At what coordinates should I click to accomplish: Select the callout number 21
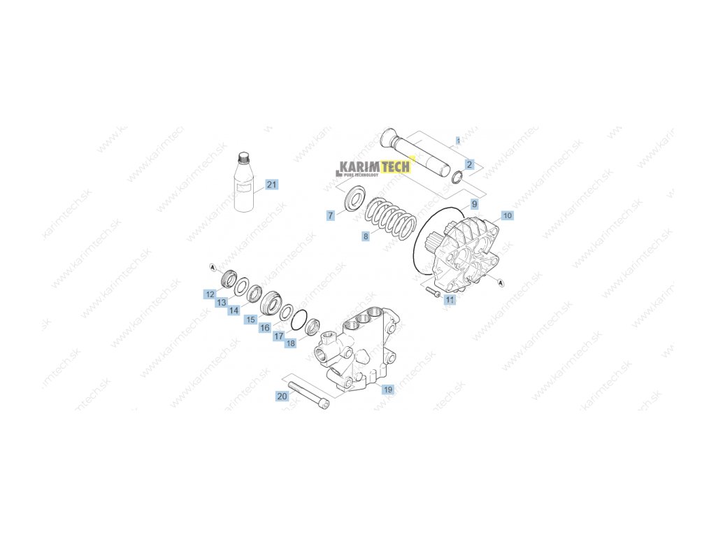271,185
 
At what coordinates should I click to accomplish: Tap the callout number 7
330,215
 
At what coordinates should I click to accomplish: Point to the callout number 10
507,215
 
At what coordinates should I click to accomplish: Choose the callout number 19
387,389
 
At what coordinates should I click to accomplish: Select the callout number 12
209,294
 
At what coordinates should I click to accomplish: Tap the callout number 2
469,164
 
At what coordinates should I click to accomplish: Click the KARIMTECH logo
375,168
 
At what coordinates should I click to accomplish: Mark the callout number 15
250,319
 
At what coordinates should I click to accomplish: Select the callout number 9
473,203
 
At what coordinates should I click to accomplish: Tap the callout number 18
290,343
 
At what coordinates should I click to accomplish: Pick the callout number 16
264,327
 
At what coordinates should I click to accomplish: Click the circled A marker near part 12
213,266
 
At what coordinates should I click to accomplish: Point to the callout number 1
458,141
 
